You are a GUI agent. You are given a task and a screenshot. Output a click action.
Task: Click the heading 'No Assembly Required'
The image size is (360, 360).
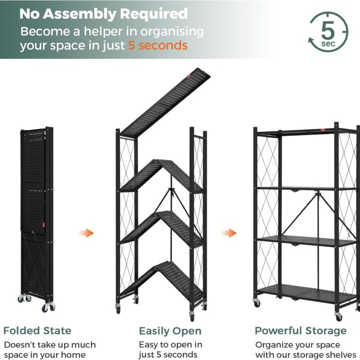tap(103, 14)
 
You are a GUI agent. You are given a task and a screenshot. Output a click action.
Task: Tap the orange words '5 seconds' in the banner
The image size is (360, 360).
tap(158, 45)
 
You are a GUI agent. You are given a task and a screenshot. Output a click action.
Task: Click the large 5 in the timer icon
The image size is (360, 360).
tap(328, 30)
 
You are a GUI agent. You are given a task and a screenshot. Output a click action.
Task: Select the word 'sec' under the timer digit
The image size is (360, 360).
tap(328, 44)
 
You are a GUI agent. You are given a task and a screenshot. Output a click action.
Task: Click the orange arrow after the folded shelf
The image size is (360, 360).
tap(86, 233)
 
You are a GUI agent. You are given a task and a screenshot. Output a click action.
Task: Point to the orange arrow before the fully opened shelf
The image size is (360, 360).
tap(229, 233)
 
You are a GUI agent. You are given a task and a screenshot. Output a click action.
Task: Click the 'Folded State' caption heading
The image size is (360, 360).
tap(37, 331)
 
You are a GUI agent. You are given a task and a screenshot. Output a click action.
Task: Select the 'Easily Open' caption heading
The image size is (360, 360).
tap(170, 331)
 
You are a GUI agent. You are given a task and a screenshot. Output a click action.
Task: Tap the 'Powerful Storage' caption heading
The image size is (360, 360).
tap(301, 331)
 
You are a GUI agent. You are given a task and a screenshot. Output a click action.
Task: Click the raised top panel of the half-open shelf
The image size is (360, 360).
tap(165, 102)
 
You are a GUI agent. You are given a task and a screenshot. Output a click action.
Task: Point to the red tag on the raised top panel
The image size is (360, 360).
tap(189, 76)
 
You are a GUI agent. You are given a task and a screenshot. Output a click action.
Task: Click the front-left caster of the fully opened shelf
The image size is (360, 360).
tap(256, 302)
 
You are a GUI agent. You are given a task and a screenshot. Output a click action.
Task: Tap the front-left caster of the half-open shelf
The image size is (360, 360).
tap(118, 308)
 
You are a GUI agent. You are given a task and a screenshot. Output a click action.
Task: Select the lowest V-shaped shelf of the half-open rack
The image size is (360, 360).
tap(162, 282)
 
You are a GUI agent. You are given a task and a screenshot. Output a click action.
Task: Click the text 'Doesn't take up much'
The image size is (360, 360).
tap(50, 345)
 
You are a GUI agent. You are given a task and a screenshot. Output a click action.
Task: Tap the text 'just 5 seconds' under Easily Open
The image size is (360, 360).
tap(168, 354)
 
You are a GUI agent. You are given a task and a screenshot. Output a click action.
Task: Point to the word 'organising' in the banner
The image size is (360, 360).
tap(172, 31)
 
